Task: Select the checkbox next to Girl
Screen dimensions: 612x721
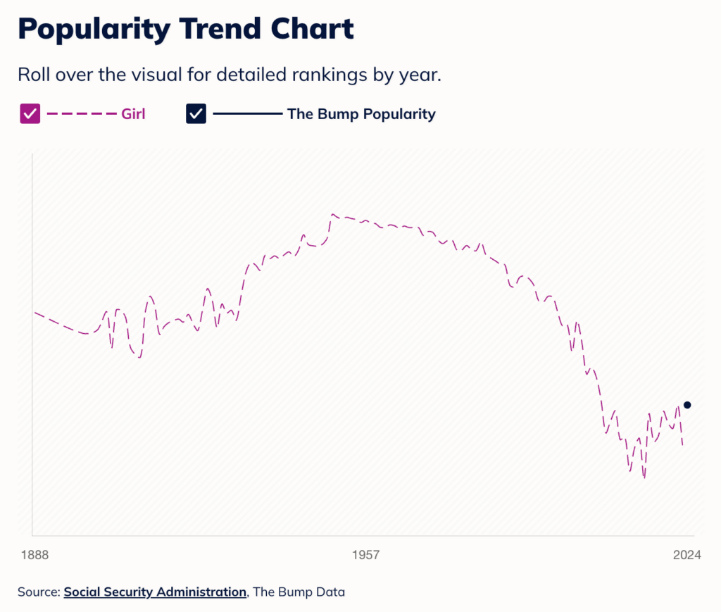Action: [x=30, y=113]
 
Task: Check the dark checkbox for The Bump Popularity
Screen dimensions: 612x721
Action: [x=196, y=113]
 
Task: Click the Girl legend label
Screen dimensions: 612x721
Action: [x=134, y=113]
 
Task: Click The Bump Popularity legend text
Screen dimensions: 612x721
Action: [x=361, y=113]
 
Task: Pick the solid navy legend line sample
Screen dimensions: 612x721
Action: [x=246, y=113]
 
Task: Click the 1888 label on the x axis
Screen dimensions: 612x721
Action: [x=34, y=555]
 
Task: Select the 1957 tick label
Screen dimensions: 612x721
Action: [x=365, y=555]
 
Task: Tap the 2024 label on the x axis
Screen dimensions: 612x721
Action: [x=686, y=555]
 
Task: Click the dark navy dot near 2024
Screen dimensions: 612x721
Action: [x=687, y=405]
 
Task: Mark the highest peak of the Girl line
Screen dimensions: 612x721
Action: [x=333, y=214]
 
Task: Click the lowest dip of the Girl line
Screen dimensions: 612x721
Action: [x=644, y=478]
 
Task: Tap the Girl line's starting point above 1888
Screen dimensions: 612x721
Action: [x=35, y=312]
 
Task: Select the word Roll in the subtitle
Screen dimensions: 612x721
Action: [x=32, y=75]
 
